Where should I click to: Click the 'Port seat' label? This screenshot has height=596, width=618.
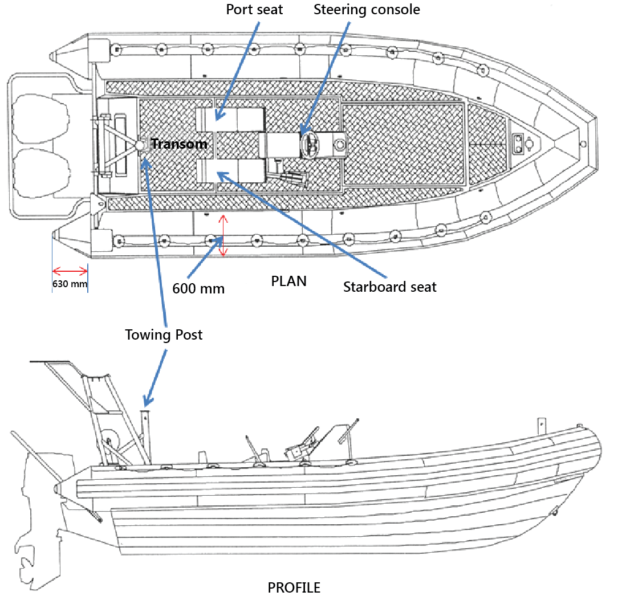pos(254,10)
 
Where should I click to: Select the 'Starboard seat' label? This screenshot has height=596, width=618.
pos(389,287)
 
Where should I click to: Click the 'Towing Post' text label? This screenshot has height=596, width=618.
pos(164,335)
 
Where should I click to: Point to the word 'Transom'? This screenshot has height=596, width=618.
pos(179,144)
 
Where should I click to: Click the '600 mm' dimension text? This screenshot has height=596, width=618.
pos(198,289)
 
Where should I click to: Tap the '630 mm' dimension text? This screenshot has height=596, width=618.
pos(70,283)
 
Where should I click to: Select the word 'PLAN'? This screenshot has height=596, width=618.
pos(288,281)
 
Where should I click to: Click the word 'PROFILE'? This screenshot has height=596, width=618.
pos(294,587)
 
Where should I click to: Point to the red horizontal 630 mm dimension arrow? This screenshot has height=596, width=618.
pos(70,271)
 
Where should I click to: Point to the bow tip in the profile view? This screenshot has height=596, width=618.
pos(599,450)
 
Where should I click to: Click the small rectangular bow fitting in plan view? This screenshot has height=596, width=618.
pos(518,144)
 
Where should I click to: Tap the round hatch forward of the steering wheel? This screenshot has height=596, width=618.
pos(340,145)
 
